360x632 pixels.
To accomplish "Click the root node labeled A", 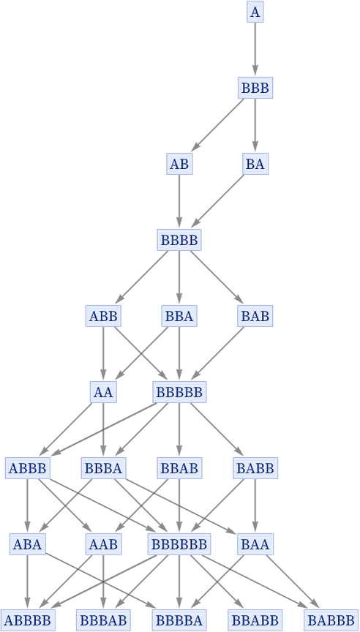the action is click(x=255, y=12).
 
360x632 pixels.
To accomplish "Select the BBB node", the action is click(x=255, y=88).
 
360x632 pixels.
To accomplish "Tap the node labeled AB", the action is click(x=179, y=164).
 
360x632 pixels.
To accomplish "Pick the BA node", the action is click(x=255, y=164).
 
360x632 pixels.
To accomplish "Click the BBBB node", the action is click(x=179, y=240).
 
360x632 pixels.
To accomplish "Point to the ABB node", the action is click(x=103, y=316).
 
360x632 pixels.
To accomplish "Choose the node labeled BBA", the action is click(x=179, y=316).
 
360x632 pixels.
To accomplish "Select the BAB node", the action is click(x=255, y=316).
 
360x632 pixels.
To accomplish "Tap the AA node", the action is click(x=103, y=392).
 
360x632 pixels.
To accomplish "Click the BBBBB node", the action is click(x=179, y=392).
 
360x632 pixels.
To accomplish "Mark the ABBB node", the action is click(x=28, y=468).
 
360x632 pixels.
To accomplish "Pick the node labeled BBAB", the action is click(x=179, y=468).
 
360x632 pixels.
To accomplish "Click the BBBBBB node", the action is click(x=179, y=544).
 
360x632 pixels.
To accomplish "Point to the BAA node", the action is click(x=255, y=544).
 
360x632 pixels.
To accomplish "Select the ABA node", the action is click(x=27, y=544).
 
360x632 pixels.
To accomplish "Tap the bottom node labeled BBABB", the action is click(x=255, y=620).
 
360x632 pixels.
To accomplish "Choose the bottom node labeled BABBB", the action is click(x=331, y=620).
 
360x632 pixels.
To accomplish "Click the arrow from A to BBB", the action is click(x=255, y=50).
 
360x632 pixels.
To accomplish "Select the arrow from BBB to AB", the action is click(x=220, y=124).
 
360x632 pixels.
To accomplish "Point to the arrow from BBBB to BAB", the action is click(x=217, y=277).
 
